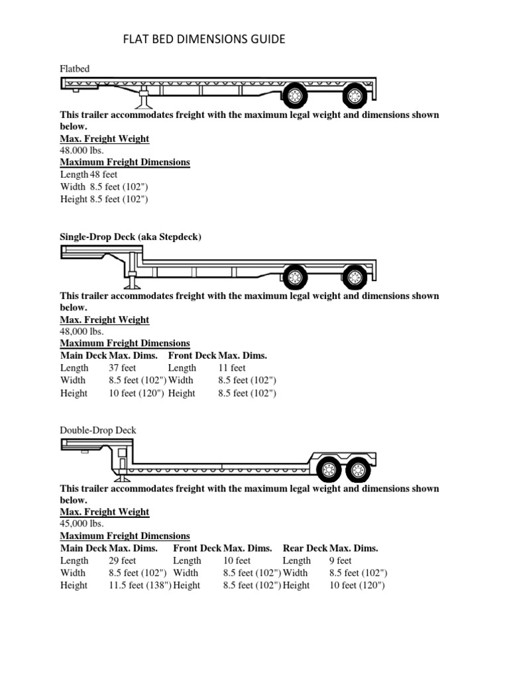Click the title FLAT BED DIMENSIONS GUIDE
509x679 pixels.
pyautogui.click(x=204, y=40)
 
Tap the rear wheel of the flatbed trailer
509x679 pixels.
pyautogui.click(x=355, y=97)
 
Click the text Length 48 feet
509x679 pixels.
pyautogui.click(x=89, y=174)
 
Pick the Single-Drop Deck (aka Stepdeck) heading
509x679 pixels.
pyautogui.click(x=131, y=236)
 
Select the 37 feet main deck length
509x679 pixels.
pyautogui.click(x=123, y=367)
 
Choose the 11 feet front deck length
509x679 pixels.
pyautogui.click(x=232, y=367)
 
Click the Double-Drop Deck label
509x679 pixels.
pyautogui.click(x=98, y=430)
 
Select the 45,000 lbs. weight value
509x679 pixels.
pyautogui.click(x=82, y=524)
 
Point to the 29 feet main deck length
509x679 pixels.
pyautogui.click(x=123, y=560)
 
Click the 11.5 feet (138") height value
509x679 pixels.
pyautogui.click(x=139, y=586)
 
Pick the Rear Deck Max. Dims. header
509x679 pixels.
pyautogui.click(x=330, y=548)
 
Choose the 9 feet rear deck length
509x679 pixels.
pyautogui.click(x=341, y=560)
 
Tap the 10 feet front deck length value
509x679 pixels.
pyautogui.click(x=237, y=560)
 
